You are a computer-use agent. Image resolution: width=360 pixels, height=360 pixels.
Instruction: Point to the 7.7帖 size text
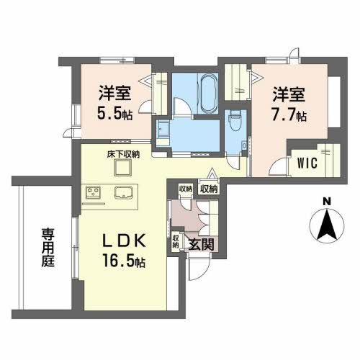coord(289,114)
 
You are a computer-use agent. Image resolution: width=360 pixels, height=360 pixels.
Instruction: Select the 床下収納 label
coord(123,154)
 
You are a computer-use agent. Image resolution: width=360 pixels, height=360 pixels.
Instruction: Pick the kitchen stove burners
coord(94,193)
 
